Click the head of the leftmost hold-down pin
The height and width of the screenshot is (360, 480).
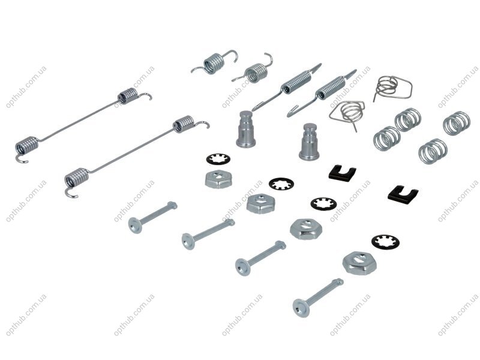point(134,226)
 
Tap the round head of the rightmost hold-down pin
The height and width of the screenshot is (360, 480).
point(301,307)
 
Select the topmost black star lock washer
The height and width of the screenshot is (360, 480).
point(218,159)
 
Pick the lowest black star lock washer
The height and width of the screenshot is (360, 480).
point(385,242)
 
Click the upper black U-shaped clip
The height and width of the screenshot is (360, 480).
point(343,173)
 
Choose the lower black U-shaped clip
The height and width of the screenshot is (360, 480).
point(403,193)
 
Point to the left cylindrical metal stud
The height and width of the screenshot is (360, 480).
point(246,129)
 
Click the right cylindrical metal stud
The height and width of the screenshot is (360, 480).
point(309,142)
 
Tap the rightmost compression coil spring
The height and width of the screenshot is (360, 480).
point(457,123)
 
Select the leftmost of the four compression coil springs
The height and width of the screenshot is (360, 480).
point(386,139)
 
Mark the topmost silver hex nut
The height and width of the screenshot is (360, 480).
point(218,178)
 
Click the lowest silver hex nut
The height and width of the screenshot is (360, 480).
point(359,263)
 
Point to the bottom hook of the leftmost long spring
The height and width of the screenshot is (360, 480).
point(22,159)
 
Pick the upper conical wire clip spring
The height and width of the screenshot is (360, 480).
point(391,87)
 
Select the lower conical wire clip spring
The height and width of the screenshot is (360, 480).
point(348,113)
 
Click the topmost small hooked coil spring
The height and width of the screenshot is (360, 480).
point(214,64)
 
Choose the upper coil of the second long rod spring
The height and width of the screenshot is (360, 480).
point(184,124)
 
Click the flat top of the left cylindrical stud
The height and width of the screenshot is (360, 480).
point(246,113)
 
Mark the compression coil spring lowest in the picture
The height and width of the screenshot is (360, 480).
point(433,151)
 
